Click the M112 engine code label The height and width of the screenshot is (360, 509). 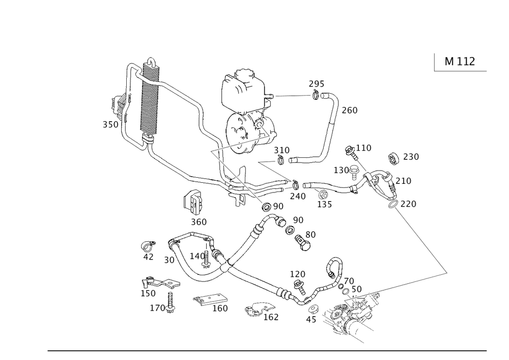click(x=460, y=62)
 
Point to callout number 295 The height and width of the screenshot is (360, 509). click(x=316, y=85)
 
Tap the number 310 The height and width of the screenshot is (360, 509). click(x=281, y=151)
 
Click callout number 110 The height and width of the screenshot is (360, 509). click(x=364, y=148)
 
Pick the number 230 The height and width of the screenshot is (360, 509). click(x=410, y=157)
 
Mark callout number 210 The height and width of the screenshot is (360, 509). click(x=403, y=181)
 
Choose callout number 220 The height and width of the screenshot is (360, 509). click(x=408, y=204)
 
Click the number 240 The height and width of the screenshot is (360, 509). click(x=297, y=196)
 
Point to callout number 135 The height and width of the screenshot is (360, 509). click(x=324, y=204)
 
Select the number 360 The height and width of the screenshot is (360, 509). click(x=199, y=222)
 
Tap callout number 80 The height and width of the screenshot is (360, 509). click(x=310, y=234)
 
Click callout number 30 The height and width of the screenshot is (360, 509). click(x=169, y=260)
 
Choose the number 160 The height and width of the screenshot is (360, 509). click(x=220, y=308)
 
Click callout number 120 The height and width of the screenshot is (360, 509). click(x=297, y=274)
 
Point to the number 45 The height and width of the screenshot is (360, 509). click(x=311, y=319)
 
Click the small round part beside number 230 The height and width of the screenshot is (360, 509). click(x=393, y=158)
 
